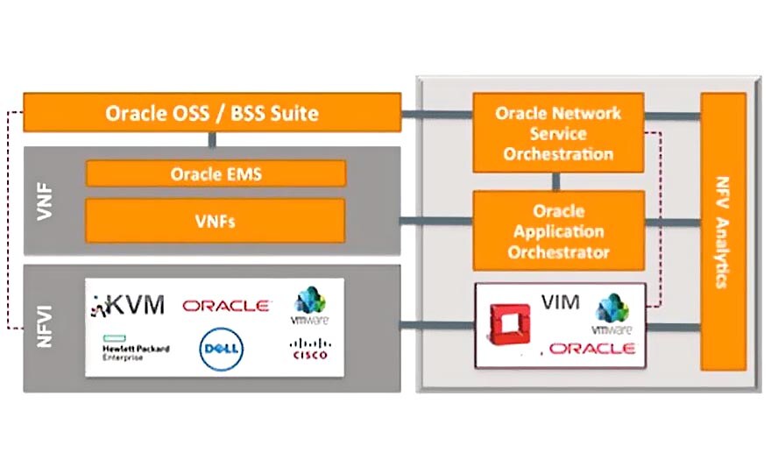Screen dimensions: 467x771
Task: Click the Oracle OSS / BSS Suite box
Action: point(211,113)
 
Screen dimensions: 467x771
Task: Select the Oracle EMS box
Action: point(215,173)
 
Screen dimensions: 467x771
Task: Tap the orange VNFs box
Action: point(215,221)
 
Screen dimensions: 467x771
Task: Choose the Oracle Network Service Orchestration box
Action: point(557,133)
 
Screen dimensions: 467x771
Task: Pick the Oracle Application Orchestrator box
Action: point(557,231)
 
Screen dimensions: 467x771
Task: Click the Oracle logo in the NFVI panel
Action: point(225,306)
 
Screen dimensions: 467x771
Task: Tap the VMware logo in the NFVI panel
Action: point(309,307)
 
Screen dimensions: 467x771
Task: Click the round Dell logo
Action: point(221,349)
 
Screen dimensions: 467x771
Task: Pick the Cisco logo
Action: point(308,349)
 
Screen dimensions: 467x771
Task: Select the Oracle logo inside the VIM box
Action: point(592,349)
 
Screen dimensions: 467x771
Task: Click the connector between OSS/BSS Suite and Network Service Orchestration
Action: point(436,113)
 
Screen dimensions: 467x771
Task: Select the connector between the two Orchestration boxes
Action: point(557,182)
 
